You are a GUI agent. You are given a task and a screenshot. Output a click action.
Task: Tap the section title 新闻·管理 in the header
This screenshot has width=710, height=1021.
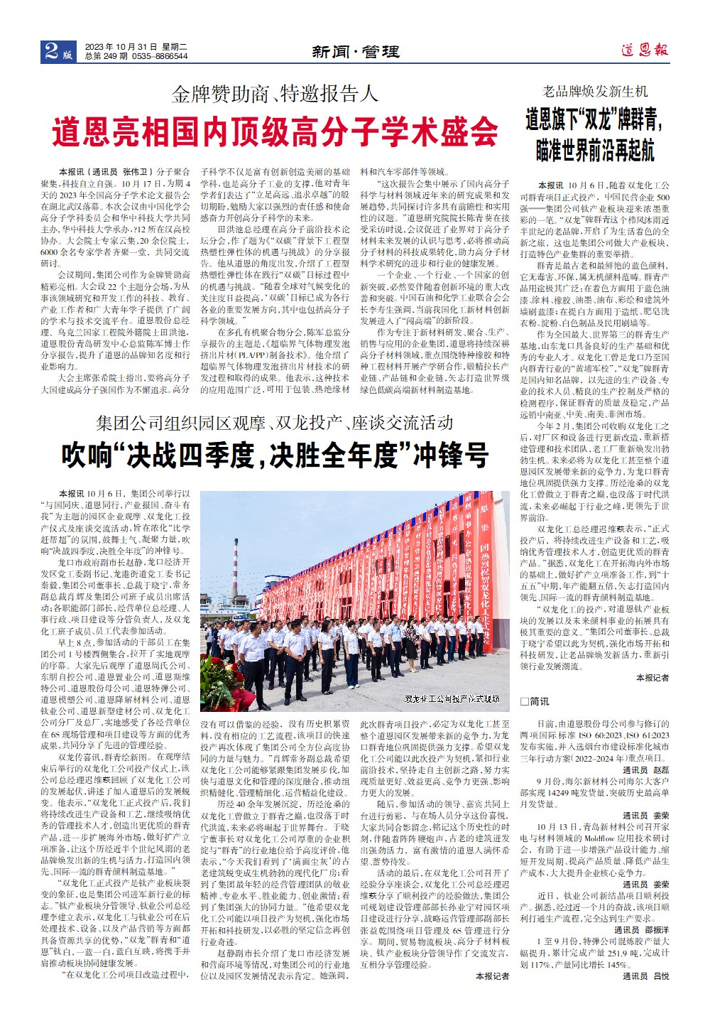click(355, 52)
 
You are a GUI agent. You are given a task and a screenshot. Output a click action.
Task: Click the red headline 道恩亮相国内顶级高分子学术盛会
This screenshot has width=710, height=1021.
click(275, 131)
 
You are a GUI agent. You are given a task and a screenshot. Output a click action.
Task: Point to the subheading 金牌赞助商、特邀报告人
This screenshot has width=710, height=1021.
click(275, 94)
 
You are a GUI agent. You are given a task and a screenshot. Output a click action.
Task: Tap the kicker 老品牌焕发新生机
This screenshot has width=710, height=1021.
click(595, 92)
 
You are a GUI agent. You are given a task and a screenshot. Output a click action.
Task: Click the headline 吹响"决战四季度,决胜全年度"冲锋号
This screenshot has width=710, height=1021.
click(275, 455)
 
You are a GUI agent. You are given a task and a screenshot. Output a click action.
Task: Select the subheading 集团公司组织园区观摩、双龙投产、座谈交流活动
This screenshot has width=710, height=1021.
click(275, 423)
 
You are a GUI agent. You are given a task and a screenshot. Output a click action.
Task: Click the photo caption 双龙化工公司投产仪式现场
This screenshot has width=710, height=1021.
click(452, 699)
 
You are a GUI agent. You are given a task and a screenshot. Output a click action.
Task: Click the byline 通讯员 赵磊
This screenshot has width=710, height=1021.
click(645, 770)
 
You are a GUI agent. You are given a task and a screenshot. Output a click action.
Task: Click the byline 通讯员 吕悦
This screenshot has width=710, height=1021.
click(645, 976)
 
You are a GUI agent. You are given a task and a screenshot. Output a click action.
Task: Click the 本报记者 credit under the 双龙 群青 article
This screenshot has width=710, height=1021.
click(652, 678)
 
